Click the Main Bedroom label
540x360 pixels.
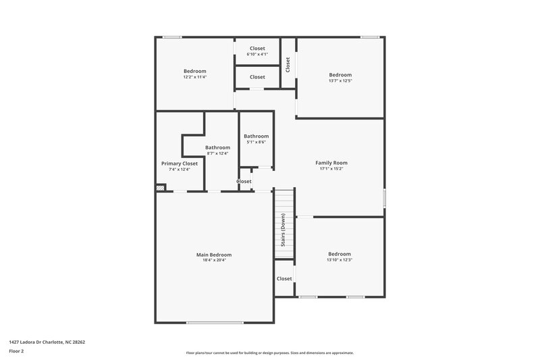(x=214, y=255)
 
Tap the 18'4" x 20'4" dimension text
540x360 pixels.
(x=214, y=261)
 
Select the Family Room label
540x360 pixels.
(x=331, y=163)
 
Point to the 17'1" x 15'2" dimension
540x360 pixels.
(x=331, y=169)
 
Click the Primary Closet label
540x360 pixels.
(x=180, y=163)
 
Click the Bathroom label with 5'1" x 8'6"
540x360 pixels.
(x=256, y=136)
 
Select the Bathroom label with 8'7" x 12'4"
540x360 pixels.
(x=217, y=147)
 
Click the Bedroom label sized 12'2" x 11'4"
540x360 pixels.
(x=194, y=71)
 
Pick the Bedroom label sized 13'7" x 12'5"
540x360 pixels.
(x=340, y=75)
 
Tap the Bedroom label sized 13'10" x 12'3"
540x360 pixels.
(x=340, y=254)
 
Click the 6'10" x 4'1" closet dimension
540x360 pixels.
(x=257, y=54)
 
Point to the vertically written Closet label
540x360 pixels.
(x=288, y=64)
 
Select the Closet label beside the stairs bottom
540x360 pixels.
(x=284, y=278)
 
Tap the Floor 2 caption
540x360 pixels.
(x=17, y=351)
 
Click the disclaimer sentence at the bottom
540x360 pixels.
(x=270, y=353)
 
